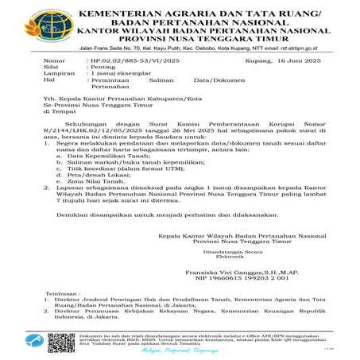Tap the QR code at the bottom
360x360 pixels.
click(60, 342)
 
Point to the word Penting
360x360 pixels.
click(101, 68)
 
